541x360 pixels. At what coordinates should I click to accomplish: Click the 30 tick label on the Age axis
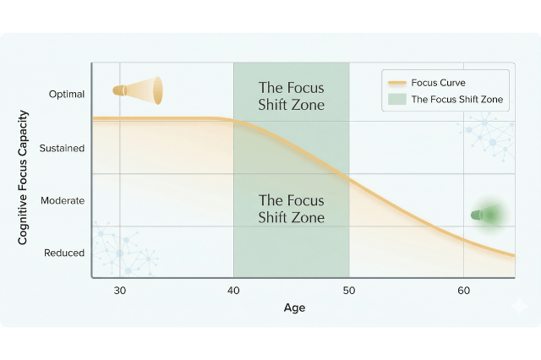[x=120, y=291]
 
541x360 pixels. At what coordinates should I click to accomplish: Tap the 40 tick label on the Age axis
[x=233, y=291]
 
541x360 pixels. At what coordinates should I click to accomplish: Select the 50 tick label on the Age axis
[x=348, y=291]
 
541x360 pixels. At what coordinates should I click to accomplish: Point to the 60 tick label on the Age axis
[x=463, y=291]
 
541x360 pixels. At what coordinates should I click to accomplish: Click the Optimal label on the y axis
[x=67, y=94]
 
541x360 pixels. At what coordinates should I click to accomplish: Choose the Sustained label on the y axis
[x=63, y=148]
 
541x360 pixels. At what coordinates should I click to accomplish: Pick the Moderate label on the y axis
[x=63, y=200]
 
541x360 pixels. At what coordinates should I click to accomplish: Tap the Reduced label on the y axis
[x=65, y=252]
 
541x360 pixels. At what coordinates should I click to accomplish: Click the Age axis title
[x=294, y=308]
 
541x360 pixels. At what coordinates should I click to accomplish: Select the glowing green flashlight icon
[x=488, y=215]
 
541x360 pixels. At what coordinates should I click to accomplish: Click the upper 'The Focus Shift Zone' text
[x=291, y=96]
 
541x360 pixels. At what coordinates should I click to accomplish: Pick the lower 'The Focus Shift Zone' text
[x=291, y=209]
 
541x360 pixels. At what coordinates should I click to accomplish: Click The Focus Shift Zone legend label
[x=456, y=100]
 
